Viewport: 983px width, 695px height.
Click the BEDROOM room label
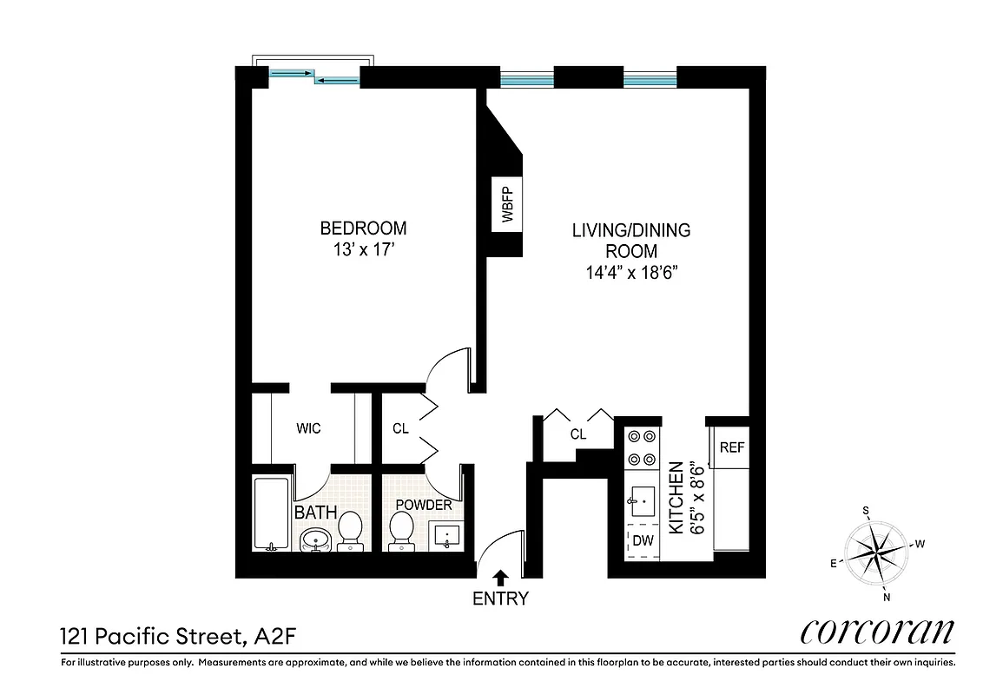[x=363, y=228]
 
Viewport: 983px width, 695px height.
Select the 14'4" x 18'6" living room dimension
[x=630, y=271]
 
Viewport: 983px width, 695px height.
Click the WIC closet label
[x=308, y=428]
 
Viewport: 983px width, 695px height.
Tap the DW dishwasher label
[x=642, y=540]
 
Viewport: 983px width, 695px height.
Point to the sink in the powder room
[x=449, y=534]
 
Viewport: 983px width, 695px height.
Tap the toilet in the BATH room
[x=350, y=530]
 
